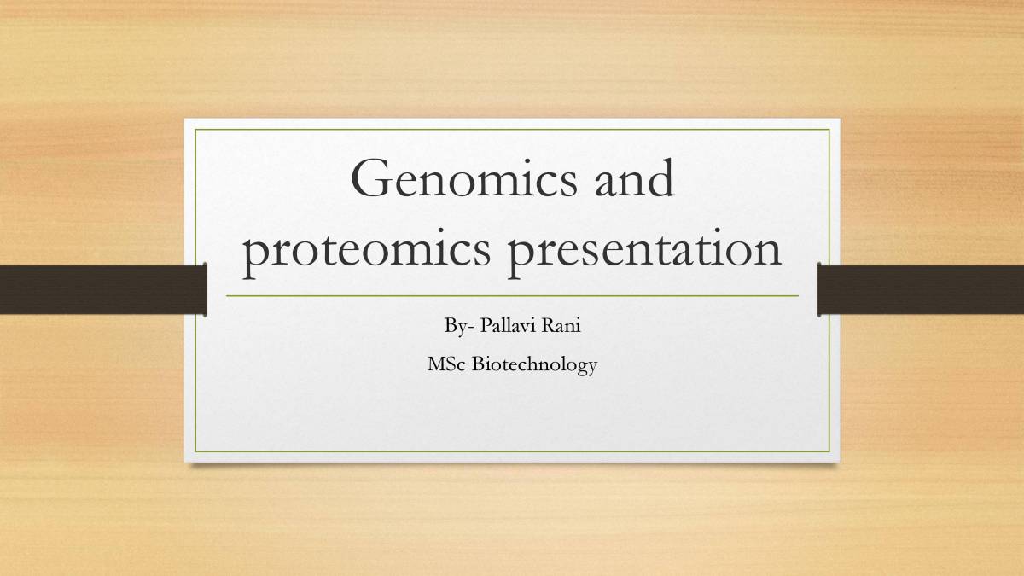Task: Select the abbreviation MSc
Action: (445, 366)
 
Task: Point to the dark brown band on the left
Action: (102, 288)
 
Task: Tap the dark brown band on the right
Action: (921, 288)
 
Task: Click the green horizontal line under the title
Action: (512, 296)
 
